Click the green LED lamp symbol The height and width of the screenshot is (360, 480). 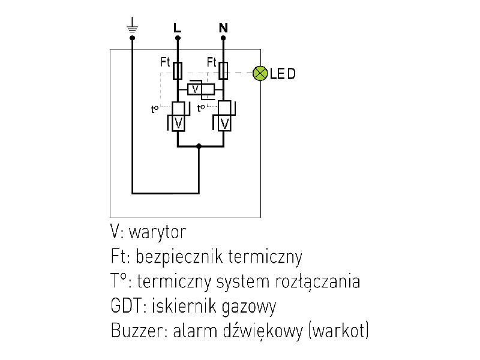260,73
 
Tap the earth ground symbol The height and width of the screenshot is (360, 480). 133,25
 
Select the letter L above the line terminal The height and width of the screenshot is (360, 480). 176,28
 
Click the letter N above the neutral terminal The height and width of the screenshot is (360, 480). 223,28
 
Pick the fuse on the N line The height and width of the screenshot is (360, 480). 223,71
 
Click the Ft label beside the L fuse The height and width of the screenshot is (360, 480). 166,62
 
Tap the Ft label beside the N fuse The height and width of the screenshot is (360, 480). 212,62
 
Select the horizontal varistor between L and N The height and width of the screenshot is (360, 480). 200,89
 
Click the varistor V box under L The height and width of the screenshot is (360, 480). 178,123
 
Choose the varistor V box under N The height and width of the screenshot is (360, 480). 224,123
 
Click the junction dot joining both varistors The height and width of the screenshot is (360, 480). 199,145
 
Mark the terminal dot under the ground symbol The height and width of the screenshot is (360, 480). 133,38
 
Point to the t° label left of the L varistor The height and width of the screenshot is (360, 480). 155,109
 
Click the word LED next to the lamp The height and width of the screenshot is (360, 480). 283,74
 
